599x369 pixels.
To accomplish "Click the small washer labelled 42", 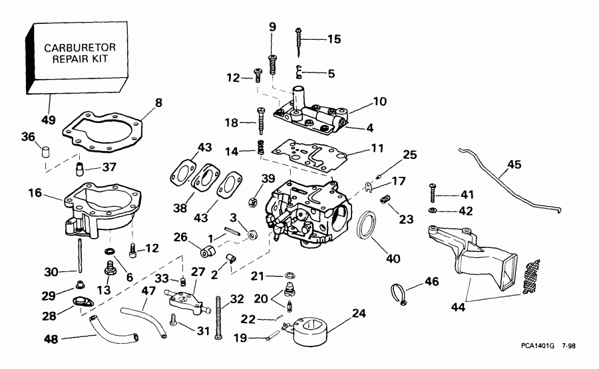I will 433,211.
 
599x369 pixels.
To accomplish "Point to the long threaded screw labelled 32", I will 218,316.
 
